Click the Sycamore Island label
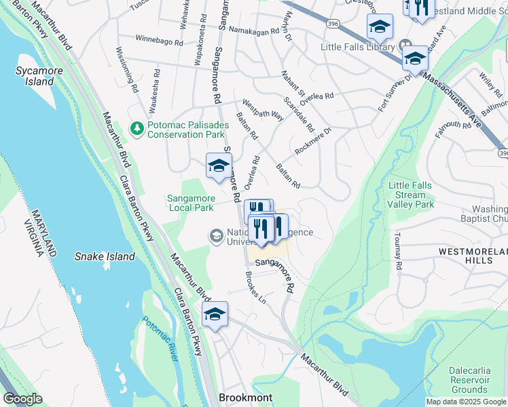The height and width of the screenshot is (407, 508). pos(35,76)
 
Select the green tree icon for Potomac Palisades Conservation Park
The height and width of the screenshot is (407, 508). pos(137,128)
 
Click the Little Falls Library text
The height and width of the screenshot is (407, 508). pos(358,47)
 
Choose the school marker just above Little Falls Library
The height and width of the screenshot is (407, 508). pos(380,27)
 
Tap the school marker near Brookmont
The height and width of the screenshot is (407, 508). pos(215,315)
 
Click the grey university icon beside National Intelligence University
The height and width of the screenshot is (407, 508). pos(216,235)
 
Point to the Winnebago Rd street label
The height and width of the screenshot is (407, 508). pos(160,41)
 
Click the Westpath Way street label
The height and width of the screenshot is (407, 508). pos(263,111)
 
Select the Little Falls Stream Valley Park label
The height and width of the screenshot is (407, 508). pos(411,195)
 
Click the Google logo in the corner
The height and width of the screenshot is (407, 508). pos(22,399)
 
